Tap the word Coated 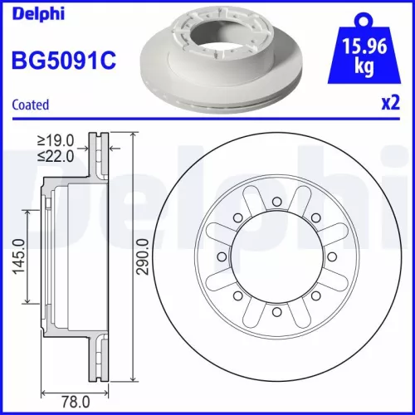[31, 105]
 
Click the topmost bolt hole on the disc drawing [276, 197]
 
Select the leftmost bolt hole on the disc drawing [217, 256]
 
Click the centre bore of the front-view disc [276, 256]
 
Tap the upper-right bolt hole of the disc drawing [317, 214]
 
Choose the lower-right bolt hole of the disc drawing [317, 297]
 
